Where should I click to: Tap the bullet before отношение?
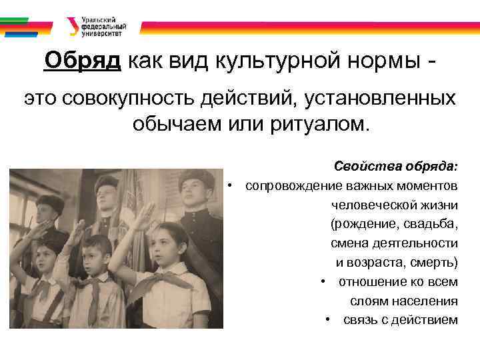[x=322, y=281]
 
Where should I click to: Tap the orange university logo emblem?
[x=71, y=25]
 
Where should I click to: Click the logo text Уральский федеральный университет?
[x=101, y=25]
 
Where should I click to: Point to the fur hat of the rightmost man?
[x=196, y=177]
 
